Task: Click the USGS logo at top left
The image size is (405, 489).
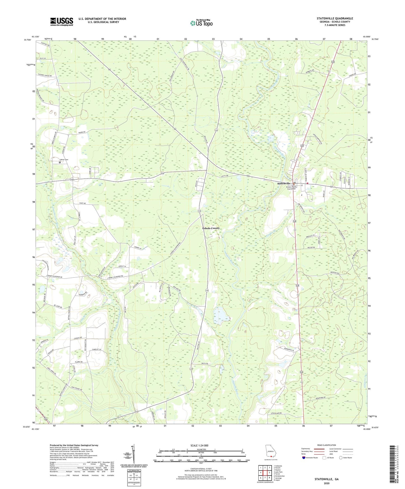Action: [x=62, y=21]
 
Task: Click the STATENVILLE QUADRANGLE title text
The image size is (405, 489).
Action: [x=335, y=18]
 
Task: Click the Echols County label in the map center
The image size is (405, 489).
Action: [x=211, y=228]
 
